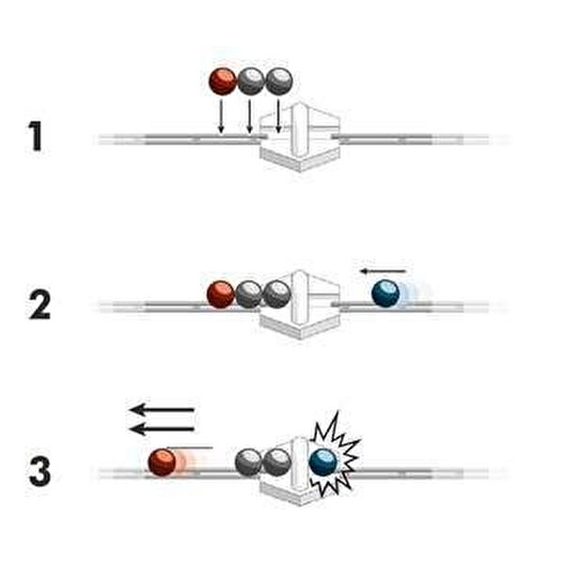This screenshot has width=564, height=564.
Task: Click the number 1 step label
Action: click(x=37, y=137)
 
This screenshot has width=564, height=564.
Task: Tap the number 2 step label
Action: click(x=39, y=304)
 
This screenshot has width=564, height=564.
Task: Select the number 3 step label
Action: click(x=39, y=470)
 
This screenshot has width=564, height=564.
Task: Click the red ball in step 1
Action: click(x=223, y=81)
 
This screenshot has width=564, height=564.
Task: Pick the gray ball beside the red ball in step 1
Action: click(x=250, y=81)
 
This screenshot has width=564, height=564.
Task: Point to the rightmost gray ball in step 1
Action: click(x=278, y=81)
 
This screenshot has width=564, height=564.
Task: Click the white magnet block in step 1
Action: click(x=300, y=137)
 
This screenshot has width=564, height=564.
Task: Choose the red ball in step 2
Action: click(x=221, y=294)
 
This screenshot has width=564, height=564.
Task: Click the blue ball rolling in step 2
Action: click(x=385, y=293)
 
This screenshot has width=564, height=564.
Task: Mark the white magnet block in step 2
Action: click(x=301, y=303)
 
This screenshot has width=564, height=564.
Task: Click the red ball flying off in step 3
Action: click(x=163, y=462)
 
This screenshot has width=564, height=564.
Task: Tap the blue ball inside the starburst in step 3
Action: click(x=323, y=461)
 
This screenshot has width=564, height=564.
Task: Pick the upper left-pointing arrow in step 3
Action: click(x=162, y=410)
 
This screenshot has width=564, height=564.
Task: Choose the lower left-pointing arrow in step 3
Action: click(x=162, y=429)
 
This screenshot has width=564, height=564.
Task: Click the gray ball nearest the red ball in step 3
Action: click(x=248, y=462)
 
